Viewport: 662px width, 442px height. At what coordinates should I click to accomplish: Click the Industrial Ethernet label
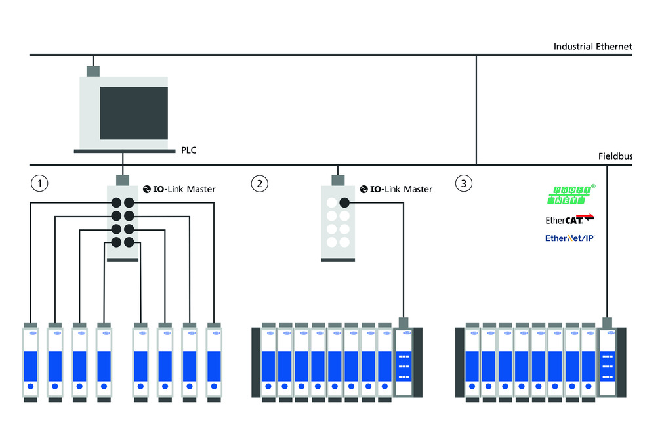click(x=592, y=47)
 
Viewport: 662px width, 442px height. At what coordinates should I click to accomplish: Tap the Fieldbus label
click(x=615, y=156)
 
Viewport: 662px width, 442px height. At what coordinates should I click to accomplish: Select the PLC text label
click(x=188, y=150)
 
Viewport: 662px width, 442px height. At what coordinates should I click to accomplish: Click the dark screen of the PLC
click(x=134, y=113)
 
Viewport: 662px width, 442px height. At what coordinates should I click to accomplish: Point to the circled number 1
click(x=40, y=183)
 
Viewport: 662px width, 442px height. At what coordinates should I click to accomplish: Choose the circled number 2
click(x=260, y=183)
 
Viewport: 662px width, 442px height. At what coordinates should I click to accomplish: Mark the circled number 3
click(x=464, y=183)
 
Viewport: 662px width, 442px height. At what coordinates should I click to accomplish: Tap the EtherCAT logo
click(x=569, y=219)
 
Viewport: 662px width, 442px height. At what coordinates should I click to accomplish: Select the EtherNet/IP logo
click(x=569, y=238)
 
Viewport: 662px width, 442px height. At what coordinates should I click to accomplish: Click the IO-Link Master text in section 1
click(x=179, y=189)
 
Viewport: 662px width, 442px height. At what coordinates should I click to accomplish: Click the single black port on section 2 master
click(x=344, y=203)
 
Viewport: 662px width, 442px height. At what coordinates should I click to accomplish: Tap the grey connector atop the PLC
click(x=93, y=70)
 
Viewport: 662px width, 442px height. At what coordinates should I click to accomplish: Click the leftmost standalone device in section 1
click(x=31, y=361)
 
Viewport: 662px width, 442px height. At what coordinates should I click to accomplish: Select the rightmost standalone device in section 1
click(x=214, y=361)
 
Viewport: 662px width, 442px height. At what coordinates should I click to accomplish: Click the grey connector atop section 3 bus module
click(x=608, y=322)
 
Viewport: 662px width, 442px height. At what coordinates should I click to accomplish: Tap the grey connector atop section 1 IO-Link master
click(x=122, y=180)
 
